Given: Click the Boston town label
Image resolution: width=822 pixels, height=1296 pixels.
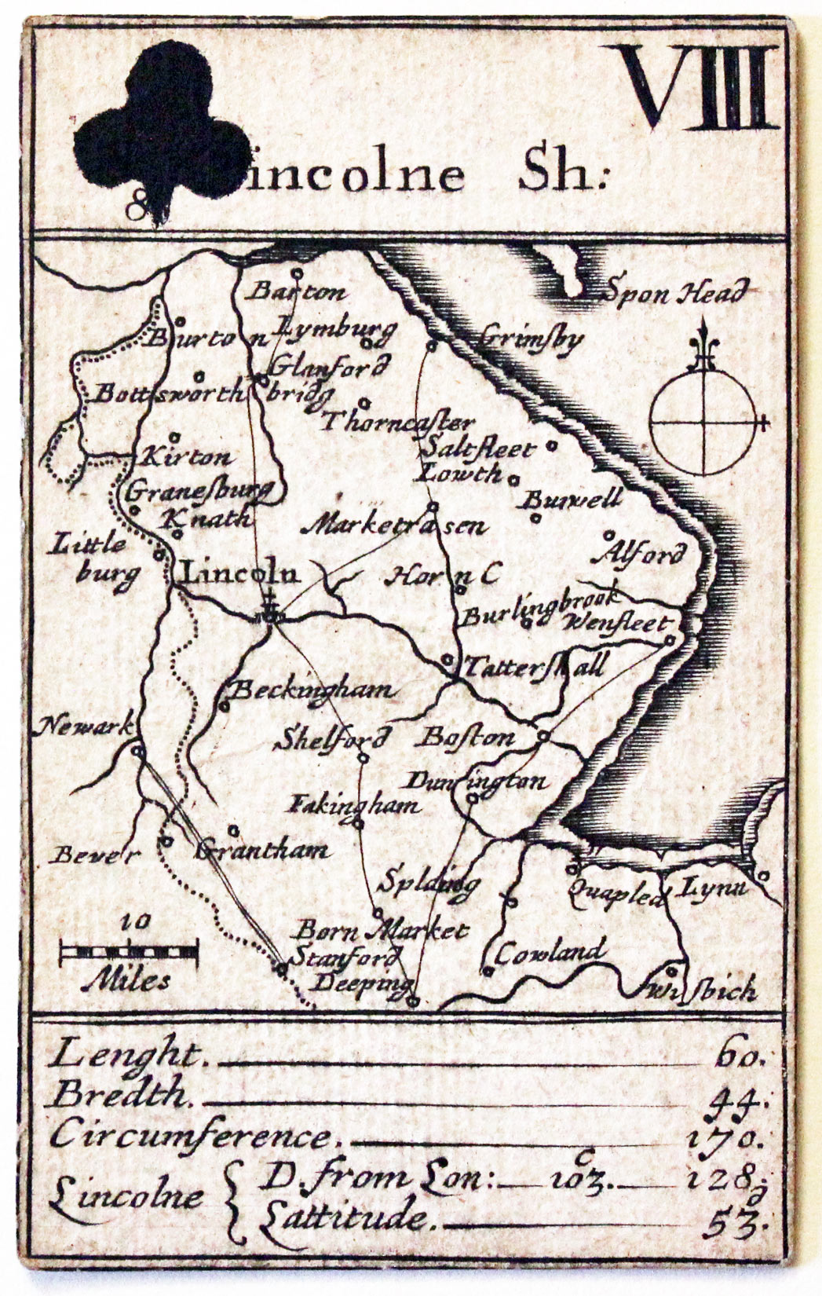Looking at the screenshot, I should pyautogui.click(x=469, y=738).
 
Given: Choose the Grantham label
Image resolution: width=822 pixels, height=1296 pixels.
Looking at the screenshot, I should pyautogui.click(x=262, y=850).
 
